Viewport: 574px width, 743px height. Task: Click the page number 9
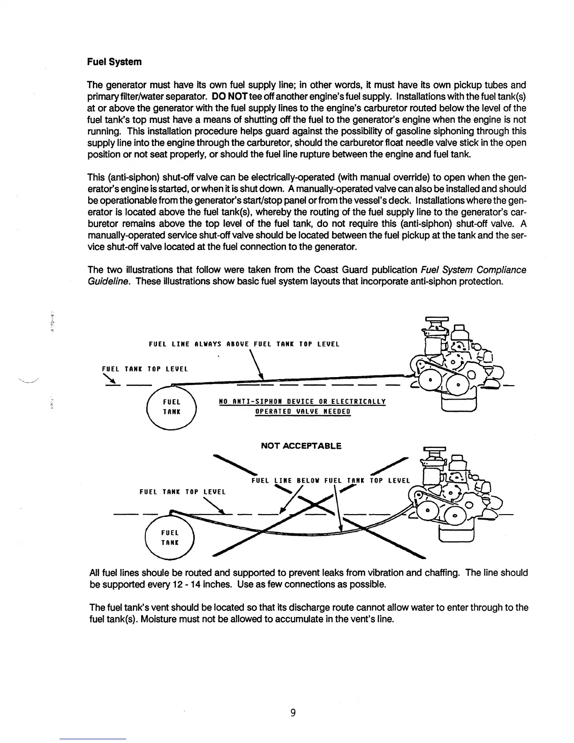(293, 713)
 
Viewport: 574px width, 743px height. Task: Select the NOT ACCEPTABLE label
(301, 446)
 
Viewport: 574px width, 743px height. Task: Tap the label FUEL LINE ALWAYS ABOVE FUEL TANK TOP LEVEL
(244, 344)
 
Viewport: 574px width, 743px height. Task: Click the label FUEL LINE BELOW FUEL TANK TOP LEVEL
(331, 480)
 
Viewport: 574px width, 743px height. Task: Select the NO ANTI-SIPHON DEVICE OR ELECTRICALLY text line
(302, 402)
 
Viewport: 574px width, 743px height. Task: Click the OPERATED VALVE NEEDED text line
(302, 412)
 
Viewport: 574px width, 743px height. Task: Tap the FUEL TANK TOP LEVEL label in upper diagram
(145, 369)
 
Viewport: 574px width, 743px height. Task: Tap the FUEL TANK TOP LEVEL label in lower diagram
(183, 492)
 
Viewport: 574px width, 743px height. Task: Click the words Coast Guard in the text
(330, 270)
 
